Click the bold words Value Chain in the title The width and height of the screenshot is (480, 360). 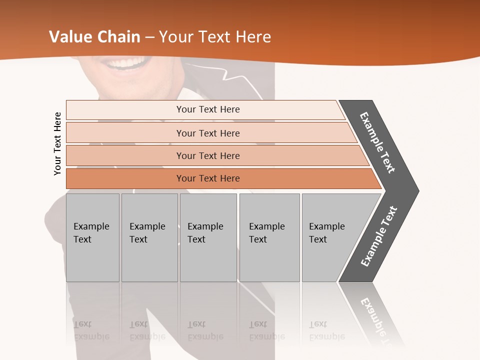pos(94,37)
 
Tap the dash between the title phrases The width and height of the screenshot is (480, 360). pos(149,37)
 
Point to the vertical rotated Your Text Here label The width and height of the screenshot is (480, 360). pos(57,143)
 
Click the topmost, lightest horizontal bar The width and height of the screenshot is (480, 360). pos(207,109)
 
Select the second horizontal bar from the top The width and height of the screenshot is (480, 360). pos(207,133)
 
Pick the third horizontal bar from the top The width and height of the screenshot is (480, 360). pos(207,155)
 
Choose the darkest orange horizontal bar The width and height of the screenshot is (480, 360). pos(207,178)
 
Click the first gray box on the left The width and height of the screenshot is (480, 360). pos(92,237)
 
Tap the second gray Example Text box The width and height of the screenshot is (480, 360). pos(149,237)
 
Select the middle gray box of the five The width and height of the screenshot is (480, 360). pos(207,237)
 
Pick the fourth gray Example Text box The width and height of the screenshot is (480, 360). pos(269,237)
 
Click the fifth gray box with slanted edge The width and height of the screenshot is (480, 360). pos(330,237)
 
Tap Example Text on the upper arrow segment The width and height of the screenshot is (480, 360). pos(377,142)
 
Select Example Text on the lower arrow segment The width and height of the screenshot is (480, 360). pos(379,236)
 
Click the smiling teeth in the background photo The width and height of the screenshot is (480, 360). pos(127,63)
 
